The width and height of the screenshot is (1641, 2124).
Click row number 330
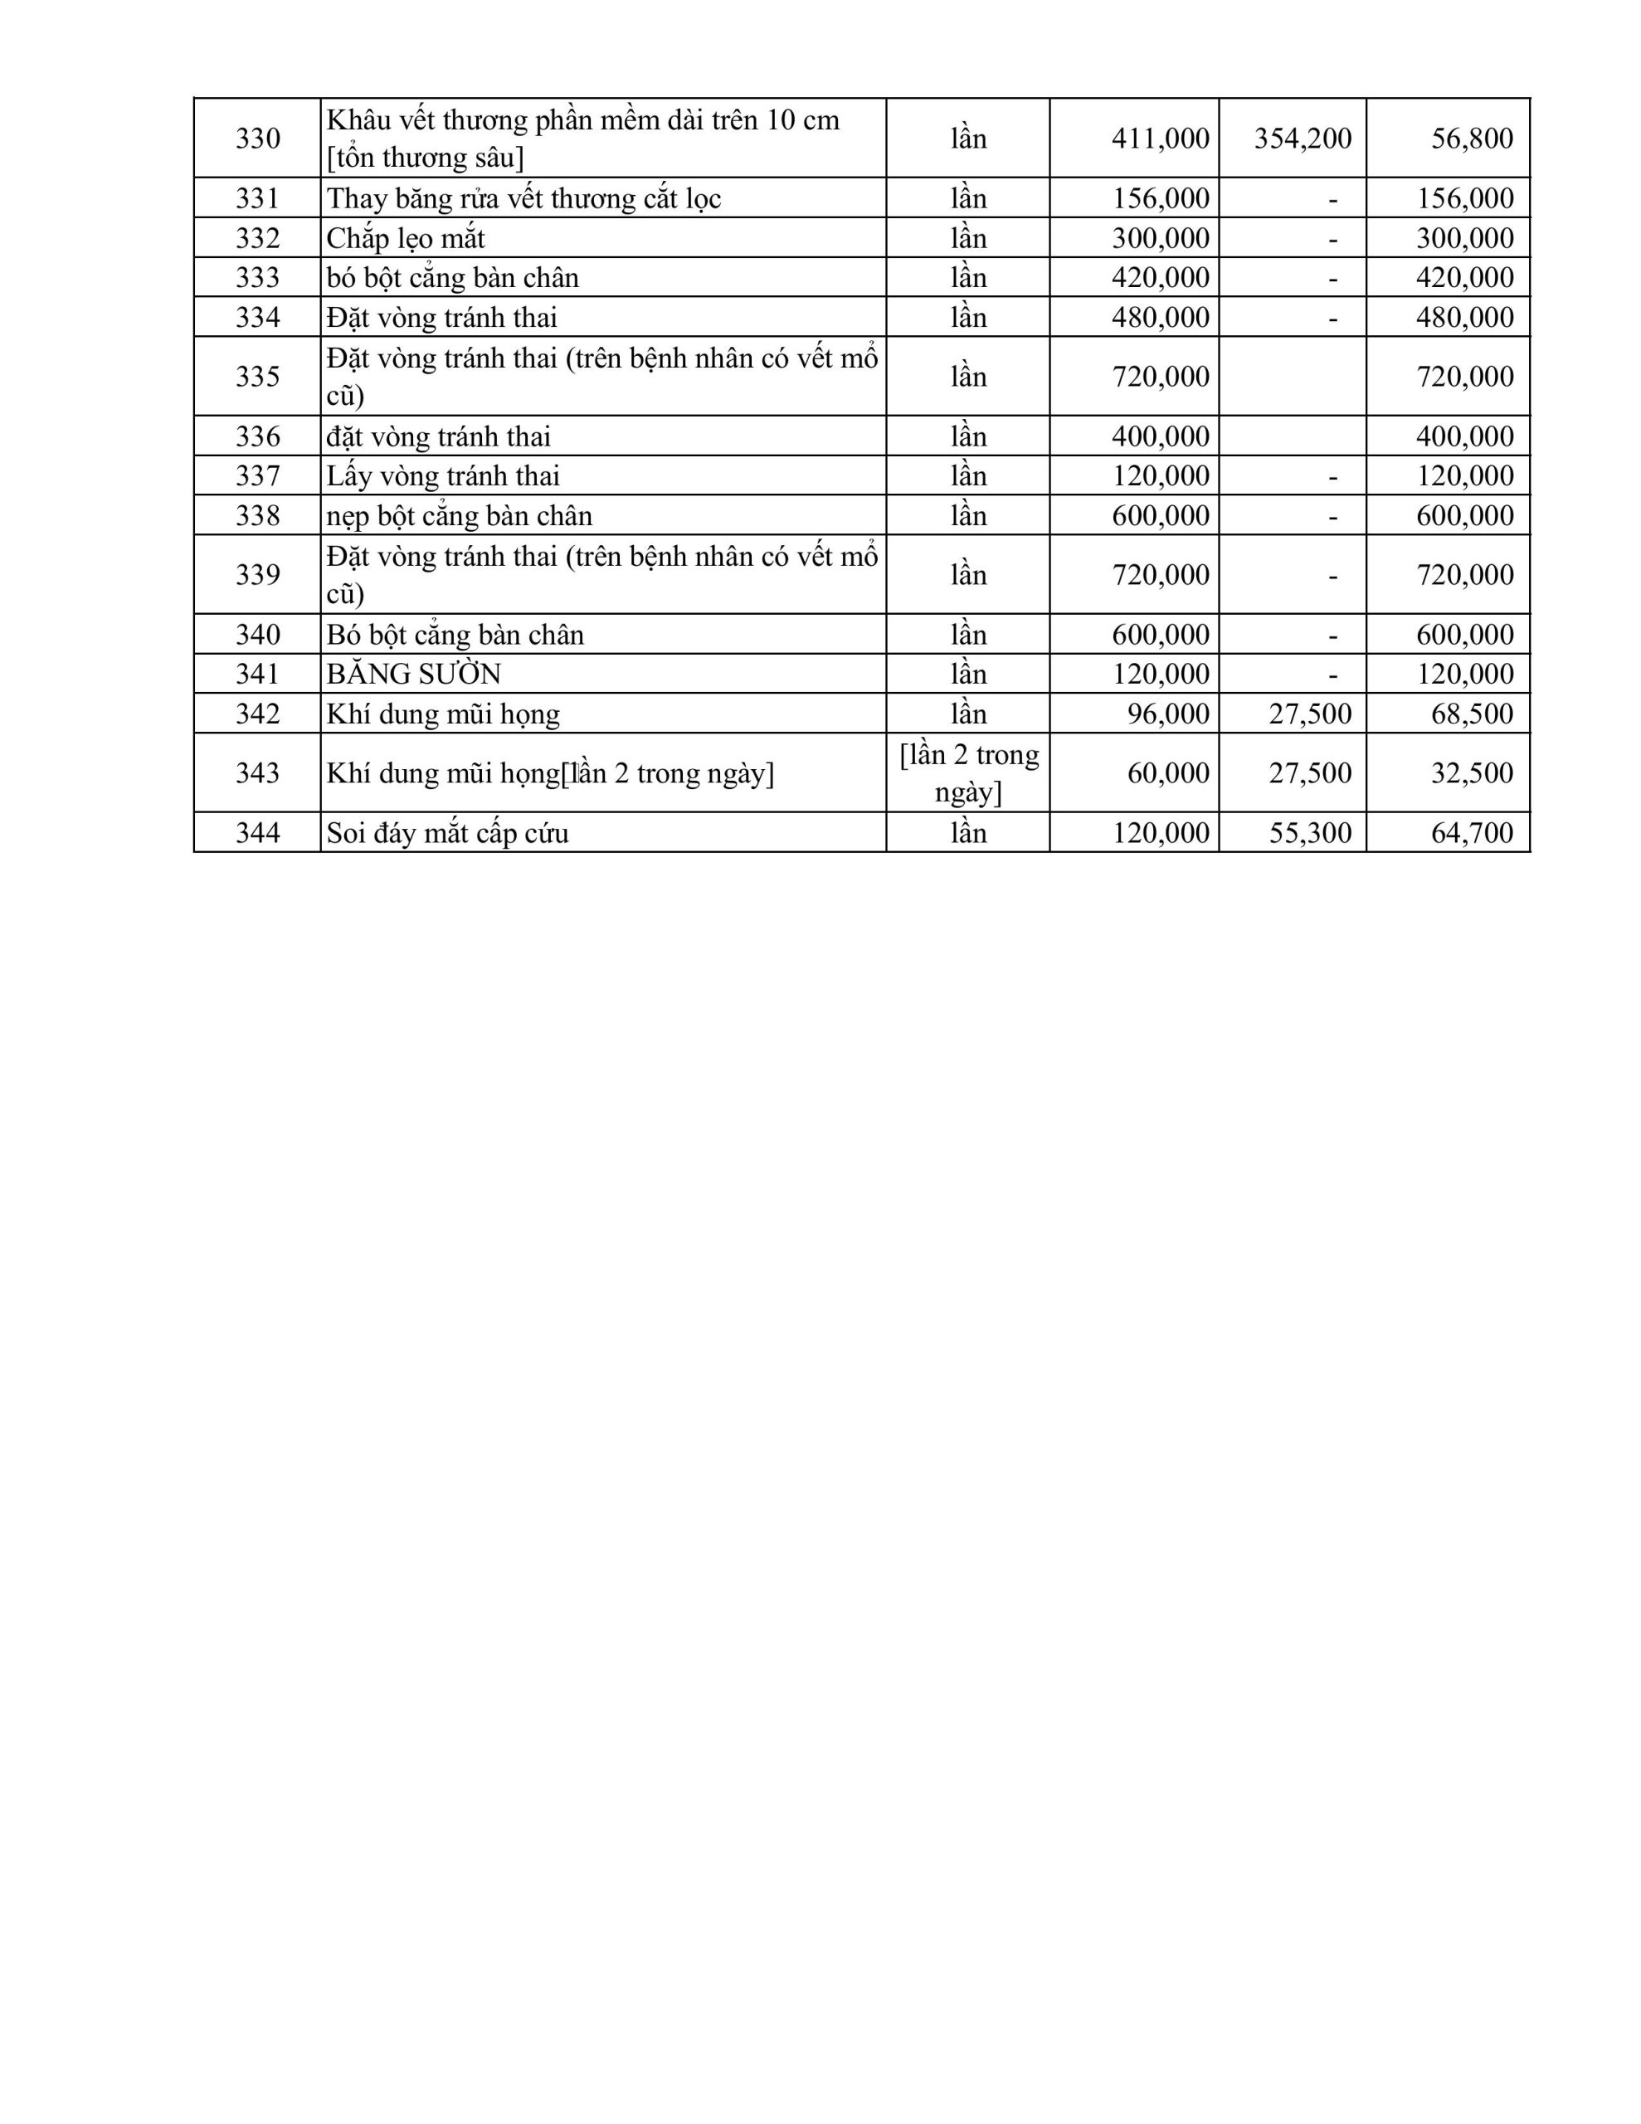point(258,138)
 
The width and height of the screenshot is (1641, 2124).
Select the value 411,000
point(1160,138)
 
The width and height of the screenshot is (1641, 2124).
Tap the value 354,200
point(1302,138)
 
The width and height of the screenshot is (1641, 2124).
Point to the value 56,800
point(1471,138)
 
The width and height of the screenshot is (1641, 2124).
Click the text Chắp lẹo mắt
point(406,238)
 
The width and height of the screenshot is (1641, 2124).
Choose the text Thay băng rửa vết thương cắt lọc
point(523,198)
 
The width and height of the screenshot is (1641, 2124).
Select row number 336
point(258,436)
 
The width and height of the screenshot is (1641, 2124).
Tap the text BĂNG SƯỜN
point(413,674)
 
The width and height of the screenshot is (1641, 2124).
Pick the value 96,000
point(1167,714)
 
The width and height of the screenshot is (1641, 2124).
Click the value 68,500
point(1471,714)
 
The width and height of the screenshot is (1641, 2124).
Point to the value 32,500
point(1471,773)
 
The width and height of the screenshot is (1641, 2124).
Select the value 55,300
point(1309,832)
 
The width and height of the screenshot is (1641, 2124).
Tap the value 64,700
point(1471,832)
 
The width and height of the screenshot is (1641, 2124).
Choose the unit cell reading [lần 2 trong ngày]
point(968,773)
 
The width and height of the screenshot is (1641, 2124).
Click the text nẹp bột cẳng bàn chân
point(459,515)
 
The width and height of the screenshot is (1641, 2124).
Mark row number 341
point(258,674)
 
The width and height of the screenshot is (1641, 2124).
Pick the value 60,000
point(1167,773)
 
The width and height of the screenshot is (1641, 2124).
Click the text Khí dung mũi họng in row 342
point(442,714)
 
